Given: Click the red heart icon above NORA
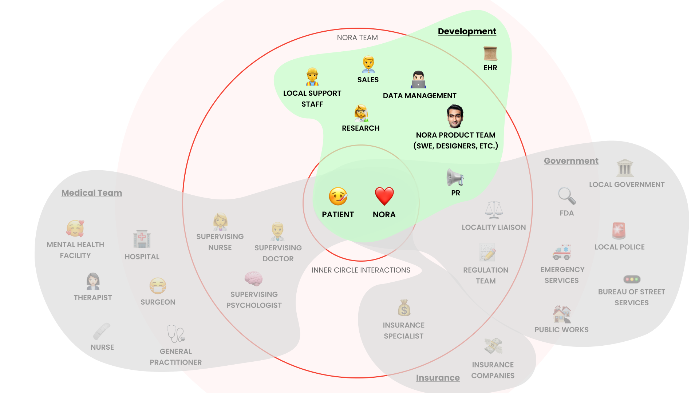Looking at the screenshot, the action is [384, 196].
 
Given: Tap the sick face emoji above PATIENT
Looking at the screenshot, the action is [338, 196].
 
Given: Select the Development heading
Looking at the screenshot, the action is [467, 31].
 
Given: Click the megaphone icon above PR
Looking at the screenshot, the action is [455, 178].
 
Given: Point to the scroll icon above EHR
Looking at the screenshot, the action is [490, 53].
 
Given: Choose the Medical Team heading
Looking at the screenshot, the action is [91, 193].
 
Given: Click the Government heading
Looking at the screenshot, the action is [571, 161].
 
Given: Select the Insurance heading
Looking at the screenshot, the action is [438, 378].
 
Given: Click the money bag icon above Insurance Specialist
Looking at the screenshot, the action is [404, 308].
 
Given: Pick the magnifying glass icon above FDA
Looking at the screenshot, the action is [567, 196].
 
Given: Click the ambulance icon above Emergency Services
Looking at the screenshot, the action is [561, 252].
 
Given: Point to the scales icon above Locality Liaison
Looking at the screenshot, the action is [494, 210].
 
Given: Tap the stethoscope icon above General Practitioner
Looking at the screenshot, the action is [176, 334].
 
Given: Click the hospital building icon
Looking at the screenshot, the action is [142, 239].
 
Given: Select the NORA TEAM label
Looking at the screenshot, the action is [357, 37].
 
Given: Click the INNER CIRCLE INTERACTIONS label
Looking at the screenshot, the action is [361, 270].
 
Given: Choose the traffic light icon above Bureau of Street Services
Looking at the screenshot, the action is [632, 279].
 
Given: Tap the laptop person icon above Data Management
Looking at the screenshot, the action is [419, 80].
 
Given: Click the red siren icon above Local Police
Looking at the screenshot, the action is [619, 231].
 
